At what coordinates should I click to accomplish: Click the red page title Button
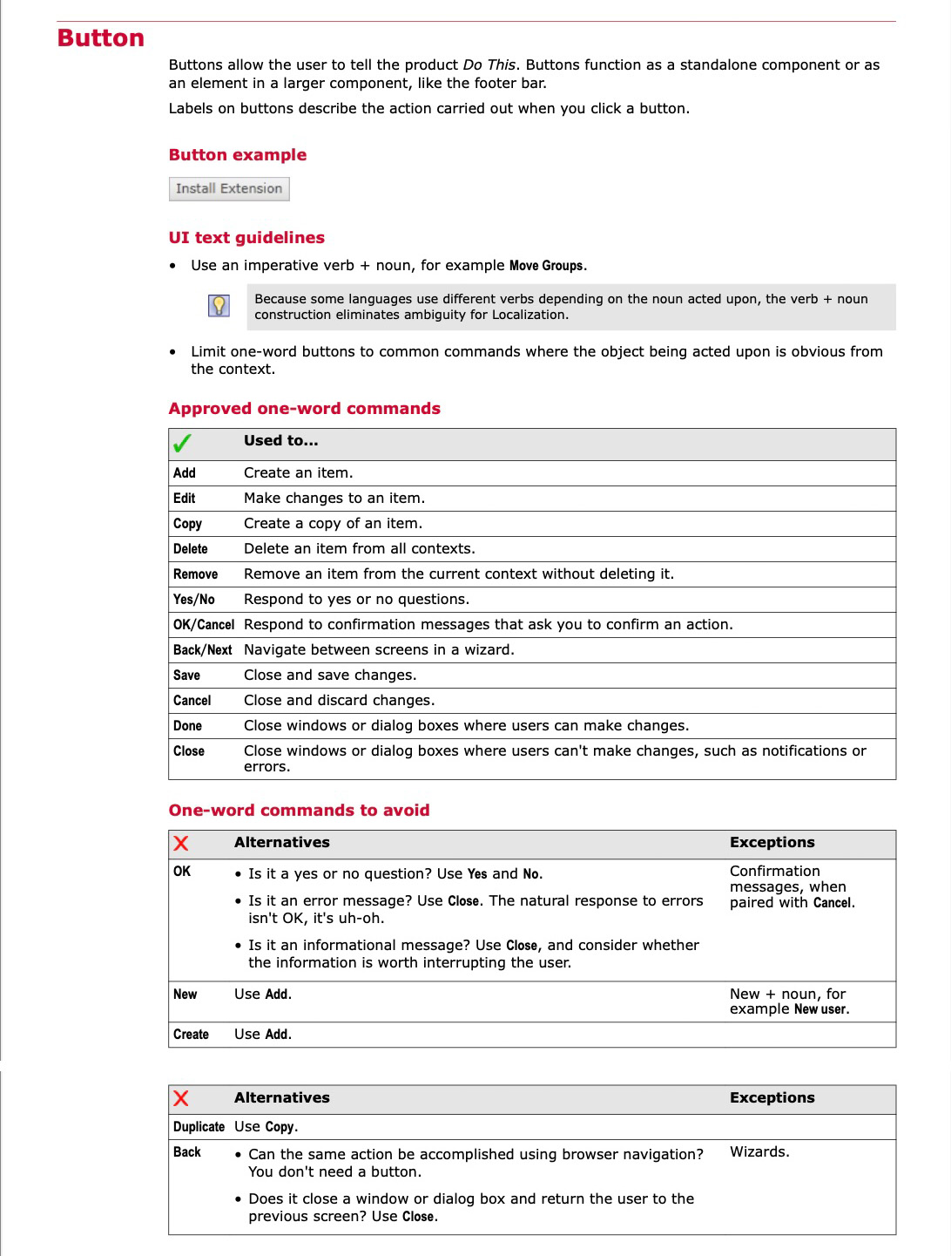(100, 38)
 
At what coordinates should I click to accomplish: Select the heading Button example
(237, 155)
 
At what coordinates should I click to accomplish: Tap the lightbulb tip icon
(219, 306)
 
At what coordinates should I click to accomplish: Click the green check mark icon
(182, 444)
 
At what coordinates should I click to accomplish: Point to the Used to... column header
(280, 441)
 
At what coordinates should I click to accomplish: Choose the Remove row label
(195, 574)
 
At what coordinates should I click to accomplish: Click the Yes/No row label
(193, 600)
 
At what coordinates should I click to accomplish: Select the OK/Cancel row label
(203, 625)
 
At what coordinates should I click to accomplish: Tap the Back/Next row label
(202, 650)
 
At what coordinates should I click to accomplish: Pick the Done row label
(187, 726)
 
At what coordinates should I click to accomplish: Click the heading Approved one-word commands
(304, 409)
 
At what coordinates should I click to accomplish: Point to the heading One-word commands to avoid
(299, 811)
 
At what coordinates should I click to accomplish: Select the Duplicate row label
(199, 1127)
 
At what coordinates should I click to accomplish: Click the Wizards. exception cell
(759, 1152)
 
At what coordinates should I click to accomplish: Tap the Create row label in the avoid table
(191, 1035)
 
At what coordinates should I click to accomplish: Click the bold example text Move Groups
(547, 266)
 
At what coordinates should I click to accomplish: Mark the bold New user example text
(820, 1009)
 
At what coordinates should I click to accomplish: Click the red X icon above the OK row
(181, 843)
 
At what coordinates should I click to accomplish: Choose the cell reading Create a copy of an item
(333, 524)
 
